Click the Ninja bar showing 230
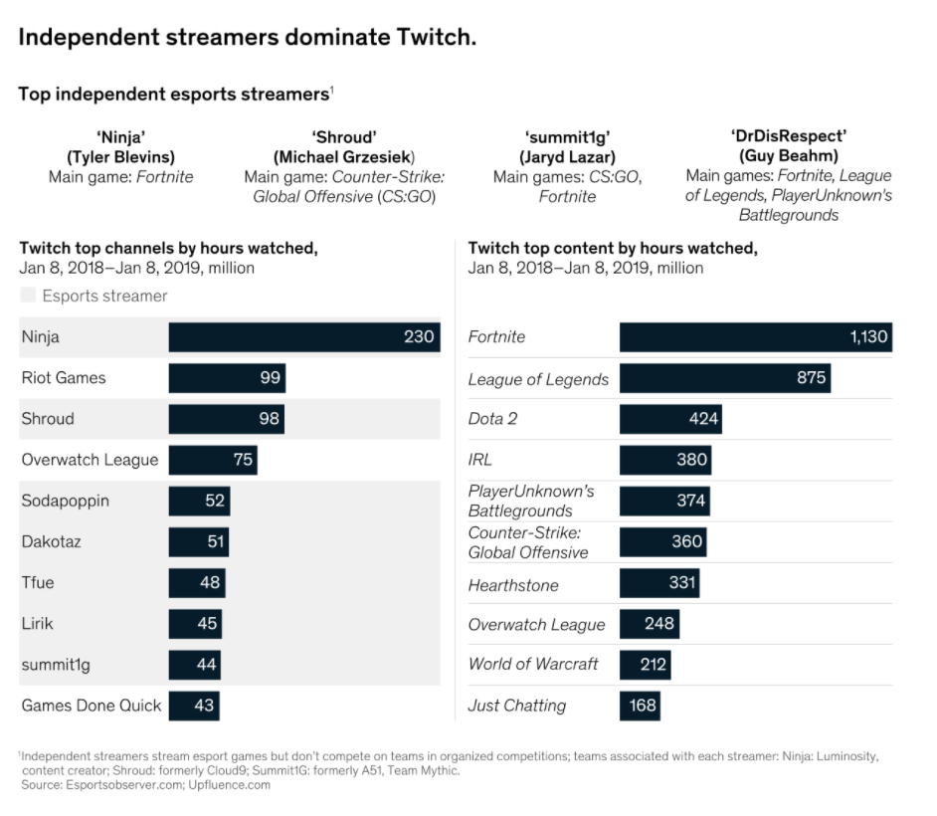tap(303, 336)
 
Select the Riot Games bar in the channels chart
tap(227, 378)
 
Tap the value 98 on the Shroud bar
tap(269, 419)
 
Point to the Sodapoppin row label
tap(65, 501)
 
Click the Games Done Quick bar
tap(193, 706)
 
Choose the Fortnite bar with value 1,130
tap(755, 336)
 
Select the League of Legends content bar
tap(724, 378)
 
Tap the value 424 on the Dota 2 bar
tap(702, 419)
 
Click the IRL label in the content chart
tap(479, 460)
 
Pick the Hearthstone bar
tap(658, 583)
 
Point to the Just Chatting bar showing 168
tap(640, 706)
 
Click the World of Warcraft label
tap(533, 664)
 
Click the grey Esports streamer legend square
tap(28, 296)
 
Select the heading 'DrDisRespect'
tap(789, 136)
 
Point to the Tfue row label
tap(38, 582)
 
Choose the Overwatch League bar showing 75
tap(213, 460)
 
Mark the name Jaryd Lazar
tap(567, 157)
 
